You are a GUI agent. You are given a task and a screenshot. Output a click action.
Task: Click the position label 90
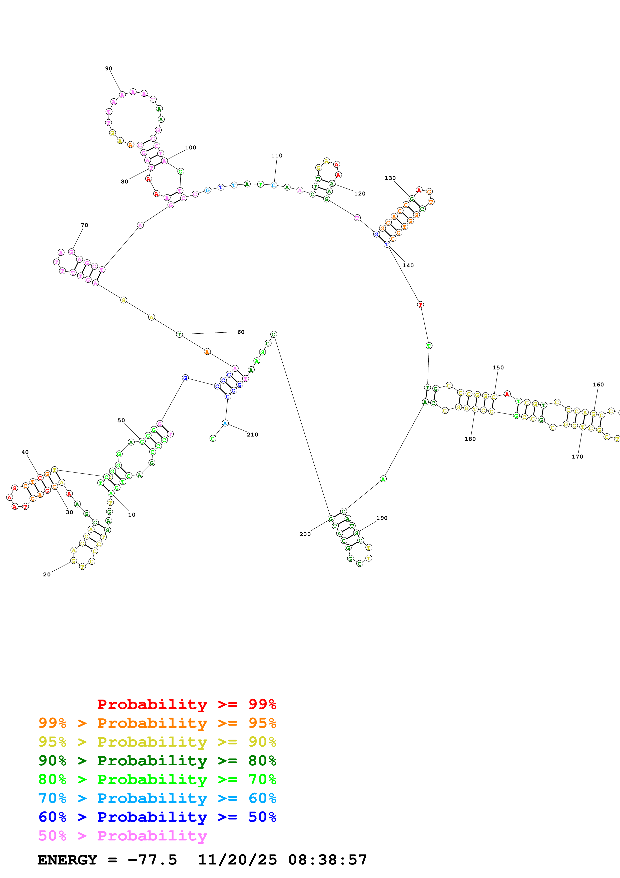[109, 68]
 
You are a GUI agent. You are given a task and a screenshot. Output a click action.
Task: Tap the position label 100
[191, 148]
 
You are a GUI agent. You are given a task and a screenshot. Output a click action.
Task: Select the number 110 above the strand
[277, 156]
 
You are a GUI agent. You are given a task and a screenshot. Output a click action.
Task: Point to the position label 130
[390, 178]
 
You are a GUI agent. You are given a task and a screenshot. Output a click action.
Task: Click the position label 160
[598, 385]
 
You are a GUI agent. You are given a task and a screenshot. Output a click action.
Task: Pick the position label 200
[305, 534]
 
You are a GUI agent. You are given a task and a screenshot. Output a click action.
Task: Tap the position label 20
[47, 574]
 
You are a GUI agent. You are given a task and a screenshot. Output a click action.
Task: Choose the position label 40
[25, 452]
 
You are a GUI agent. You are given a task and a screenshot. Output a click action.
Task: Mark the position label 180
[470, 439]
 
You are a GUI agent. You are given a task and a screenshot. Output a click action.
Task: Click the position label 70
[85, 225]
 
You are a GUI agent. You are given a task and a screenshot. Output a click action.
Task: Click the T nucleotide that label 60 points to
[179, 335]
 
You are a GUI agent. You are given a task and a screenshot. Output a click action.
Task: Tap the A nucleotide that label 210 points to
[225, 423]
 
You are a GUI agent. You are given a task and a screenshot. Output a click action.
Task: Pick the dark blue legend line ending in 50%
[157, 817]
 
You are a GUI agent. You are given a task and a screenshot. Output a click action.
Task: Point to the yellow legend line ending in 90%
[157, 742]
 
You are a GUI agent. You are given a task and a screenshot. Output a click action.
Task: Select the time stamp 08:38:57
[327, 860]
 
